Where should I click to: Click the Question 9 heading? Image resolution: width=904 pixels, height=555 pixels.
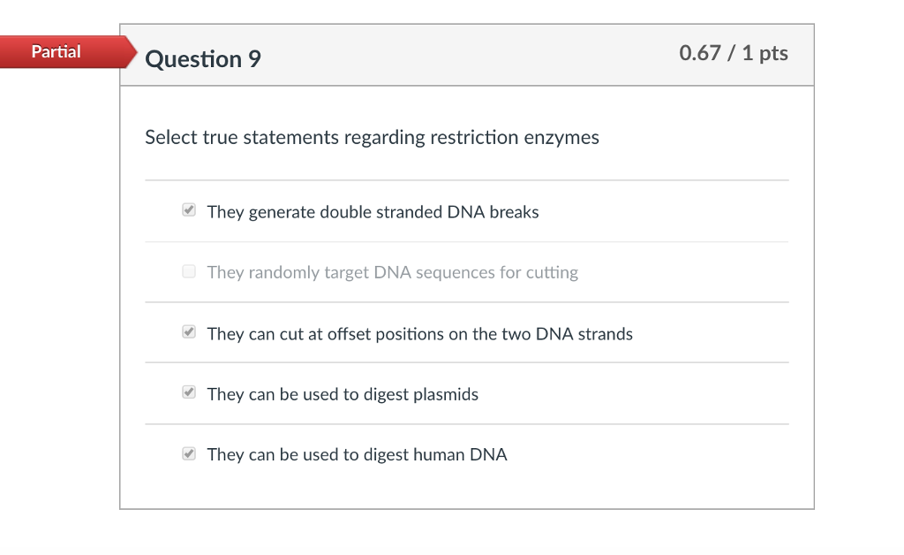pos(203,59)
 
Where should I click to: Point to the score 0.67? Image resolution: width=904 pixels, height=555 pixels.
pos(700,53)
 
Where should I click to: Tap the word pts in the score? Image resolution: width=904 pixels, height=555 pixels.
pos(773,54)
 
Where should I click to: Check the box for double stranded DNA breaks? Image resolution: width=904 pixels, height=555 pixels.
pos(189,209)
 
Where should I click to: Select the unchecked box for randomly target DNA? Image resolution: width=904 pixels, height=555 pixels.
pos(189,271)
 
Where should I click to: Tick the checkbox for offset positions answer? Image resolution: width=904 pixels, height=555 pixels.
pos(189,331)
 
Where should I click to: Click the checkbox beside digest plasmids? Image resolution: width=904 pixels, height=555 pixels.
pos(189,392)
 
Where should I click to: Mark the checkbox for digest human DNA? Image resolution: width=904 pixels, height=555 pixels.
pos(189,453)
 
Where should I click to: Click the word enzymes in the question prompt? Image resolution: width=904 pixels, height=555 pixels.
pos(561,138)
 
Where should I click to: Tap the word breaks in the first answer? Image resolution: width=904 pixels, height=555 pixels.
pos(515,212)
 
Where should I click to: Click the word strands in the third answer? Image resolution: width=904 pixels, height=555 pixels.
pos(606,334)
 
